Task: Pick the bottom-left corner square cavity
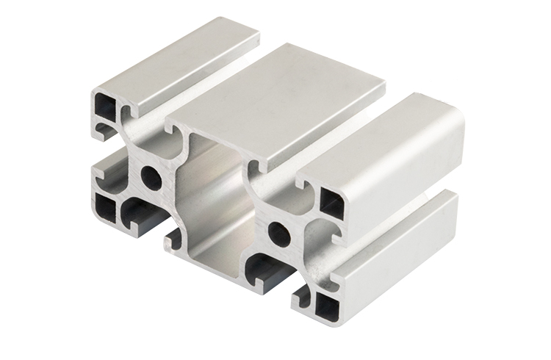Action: pos(106,208)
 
